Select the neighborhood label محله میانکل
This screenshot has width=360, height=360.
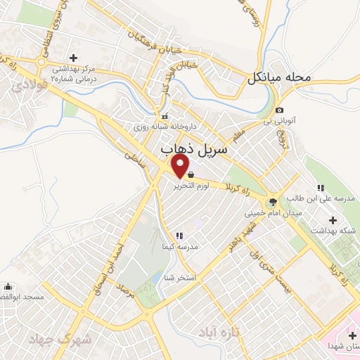[278, 77]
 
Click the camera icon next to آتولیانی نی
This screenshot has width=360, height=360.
[280, 110]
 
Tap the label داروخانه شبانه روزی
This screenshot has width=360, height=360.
[169, 127]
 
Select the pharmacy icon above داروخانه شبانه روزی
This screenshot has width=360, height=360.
[165, 116]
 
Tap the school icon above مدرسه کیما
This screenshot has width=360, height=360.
[179, 235]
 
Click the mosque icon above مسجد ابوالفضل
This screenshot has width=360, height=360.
[8, 286]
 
